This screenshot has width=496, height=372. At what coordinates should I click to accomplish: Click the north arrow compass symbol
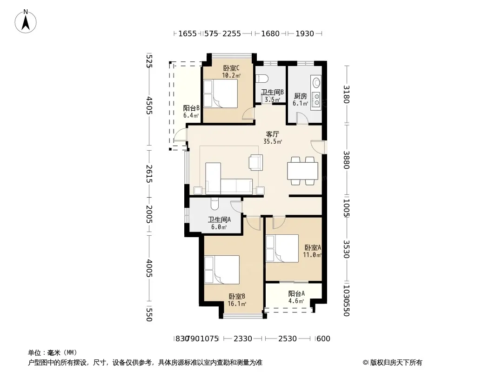26,21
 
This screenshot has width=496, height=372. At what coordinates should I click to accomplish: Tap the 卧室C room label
231,68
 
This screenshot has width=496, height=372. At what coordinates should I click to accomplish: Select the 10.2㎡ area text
231,75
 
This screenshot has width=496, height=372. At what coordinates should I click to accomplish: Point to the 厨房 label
300,96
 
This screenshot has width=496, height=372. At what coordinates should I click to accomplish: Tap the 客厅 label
272,134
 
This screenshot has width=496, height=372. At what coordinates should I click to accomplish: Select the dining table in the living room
303,171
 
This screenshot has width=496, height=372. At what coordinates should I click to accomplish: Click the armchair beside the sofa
255,162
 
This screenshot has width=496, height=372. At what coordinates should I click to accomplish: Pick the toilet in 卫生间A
214,204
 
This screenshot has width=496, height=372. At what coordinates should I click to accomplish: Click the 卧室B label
237,297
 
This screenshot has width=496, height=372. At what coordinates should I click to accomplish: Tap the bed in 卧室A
282,248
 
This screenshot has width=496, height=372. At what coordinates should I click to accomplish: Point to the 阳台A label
296,293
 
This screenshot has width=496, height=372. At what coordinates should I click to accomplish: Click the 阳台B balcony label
191,108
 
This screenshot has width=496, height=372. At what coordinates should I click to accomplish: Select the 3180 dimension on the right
347,94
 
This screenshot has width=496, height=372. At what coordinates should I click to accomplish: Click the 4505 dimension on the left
149,106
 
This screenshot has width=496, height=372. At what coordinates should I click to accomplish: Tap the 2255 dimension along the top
232,33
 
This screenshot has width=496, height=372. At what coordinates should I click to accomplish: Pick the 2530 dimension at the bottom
288,339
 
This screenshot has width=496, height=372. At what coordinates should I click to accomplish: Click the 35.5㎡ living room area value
273,142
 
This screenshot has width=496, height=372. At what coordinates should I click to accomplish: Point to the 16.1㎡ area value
237,304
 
